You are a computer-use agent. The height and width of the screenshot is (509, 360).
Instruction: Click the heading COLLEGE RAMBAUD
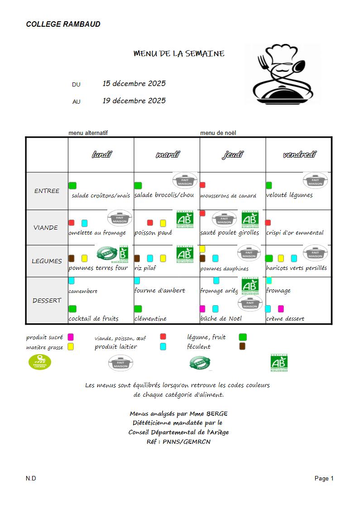pos(63,24)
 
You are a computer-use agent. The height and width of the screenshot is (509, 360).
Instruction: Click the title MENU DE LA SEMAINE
pos(179,54)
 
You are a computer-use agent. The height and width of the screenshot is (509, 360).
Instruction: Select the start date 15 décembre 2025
pos(134,84)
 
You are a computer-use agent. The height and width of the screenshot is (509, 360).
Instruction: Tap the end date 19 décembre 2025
pos(134,101)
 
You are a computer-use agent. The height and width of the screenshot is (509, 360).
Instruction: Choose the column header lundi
pos(101,155)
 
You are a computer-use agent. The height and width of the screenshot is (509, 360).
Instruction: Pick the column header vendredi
pos(299,155)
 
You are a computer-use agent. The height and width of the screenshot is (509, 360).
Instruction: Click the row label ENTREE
pos(47,191)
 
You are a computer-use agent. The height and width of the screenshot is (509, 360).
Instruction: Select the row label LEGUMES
pos(47,261)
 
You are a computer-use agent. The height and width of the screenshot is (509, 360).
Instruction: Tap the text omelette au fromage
pos(97,233)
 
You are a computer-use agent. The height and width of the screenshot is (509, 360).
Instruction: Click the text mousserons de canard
pos(228,196)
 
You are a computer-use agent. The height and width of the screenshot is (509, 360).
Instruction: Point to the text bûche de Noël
pos(221,318)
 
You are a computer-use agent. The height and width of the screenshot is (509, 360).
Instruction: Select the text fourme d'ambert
pos(160,291)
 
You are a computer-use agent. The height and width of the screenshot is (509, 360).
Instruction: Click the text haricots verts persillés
pos(297,268)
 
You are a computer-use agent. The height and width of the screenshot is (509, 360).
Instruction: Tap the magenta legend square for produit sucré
pos(71,337)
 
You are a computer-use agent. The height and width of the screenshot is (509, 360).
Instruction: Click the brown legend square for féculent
pos(242,346)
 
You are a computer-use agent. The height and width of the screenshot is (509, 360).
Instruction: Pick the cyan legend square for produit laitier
pos(163,346)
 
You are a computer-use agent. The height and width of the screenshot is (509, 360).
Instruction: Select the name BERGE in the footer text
pos(216,414)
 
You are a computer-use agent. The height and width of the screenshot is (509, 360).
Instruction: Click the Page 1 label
pos(324,479)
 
